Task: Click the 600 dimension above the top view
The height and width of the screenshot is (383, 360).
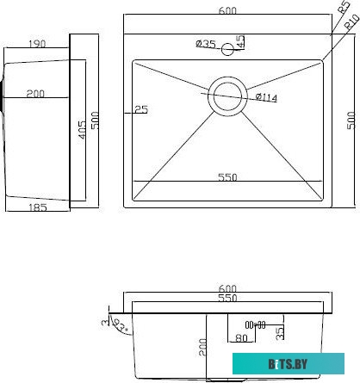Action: tap(227, 10)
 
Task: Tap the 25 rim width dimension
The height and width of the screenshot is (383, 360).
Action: tap(141, 109)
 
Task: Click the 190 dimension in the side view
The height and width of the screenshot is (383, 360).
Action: tap(36, 43)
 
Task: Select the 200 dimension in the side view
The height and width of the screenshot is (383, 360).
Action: tap(35, 94)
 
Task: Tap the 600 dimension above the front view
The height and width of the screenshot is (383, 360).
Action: tap(227, 289)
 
